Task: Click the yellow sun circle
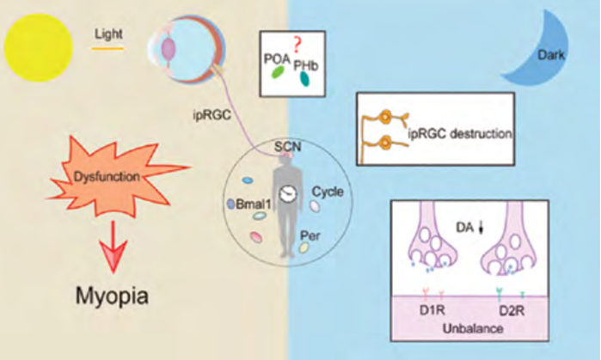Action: coord(35,50)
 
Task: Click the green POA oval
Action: coord(278,74)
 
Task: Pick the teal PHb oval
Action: coord(305,79)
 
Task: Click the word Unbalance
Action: coord(474,327)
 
